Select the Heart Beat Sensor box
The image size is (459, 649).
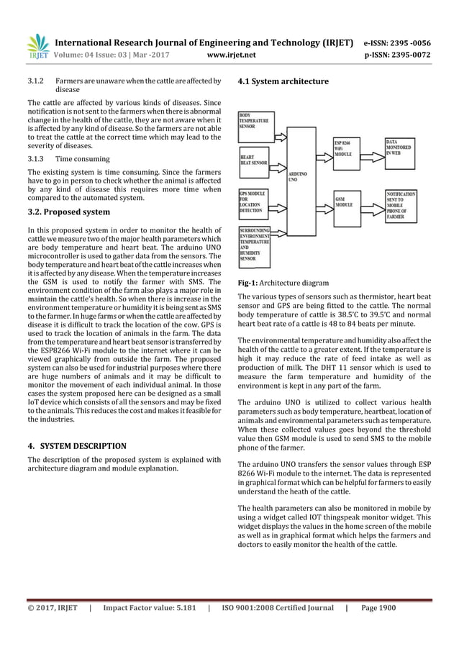click(x=255, y=160)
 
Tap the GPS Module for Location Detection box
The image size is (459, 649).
click(x=255, y=201)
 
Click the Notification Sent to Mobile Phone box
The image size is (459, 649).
click(x=403, y=204)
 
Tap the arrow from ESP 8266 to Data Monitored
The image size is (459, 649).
click(x=375, y=153)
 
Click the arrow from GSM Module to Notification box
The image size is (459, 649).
click(x=375, y=204)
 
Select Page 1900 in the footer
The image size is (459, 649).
click(x=378, y=608)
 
